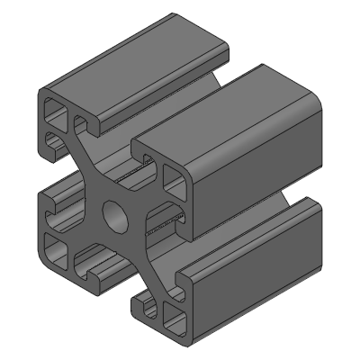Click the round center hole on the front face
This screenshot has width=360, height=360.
(x=116, y=214)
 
